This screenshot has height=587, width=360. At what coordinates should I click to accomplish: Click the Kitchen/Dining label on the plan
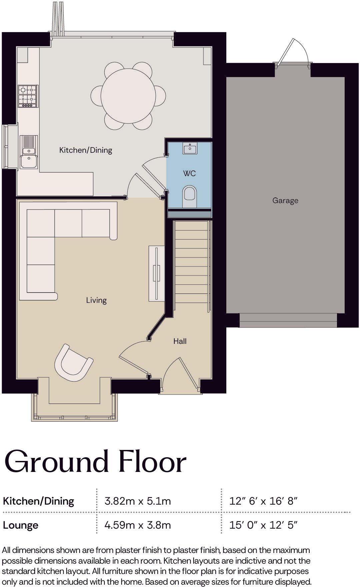coord(86,150)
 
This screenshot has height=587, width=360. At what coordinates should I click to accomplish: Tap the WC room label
coord(189,173)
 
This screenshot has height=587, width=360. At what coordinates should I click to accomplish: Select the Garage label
coord(285,200)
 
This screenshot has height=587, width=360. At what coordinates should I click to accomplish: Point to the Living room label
coord(96,300)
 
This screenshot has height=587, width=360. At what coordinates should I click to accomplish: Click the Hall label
coord(180,341)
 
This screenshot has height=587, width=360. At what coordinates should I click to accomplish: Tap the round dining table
coord(128,96)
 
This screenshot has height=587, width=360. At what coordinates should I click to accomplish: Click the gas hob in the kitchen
coord(28,96)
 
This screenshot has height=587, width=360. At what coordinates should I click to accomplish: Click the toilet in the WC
coord(190,196)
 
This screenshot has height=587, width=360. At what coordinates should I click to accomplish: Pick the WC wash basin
coord(190,148)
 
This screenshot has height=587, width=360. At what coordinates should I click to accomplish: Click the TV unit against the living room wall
coord(156,273)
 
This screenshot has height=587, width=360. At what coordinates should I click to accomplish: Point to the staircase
coord(192,266)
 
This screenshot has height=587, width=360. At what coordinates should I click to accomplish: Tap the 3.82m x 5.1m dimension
coord(138,501)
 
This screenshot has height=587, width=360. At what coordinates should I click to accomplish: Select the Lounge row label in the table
coord(21,525)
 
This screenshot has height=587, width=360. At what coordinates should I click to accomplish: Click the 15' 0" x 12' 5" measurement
coord(263,525)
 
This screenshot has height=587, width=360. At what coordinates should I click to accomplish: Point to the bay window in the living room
coord(75,407)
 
